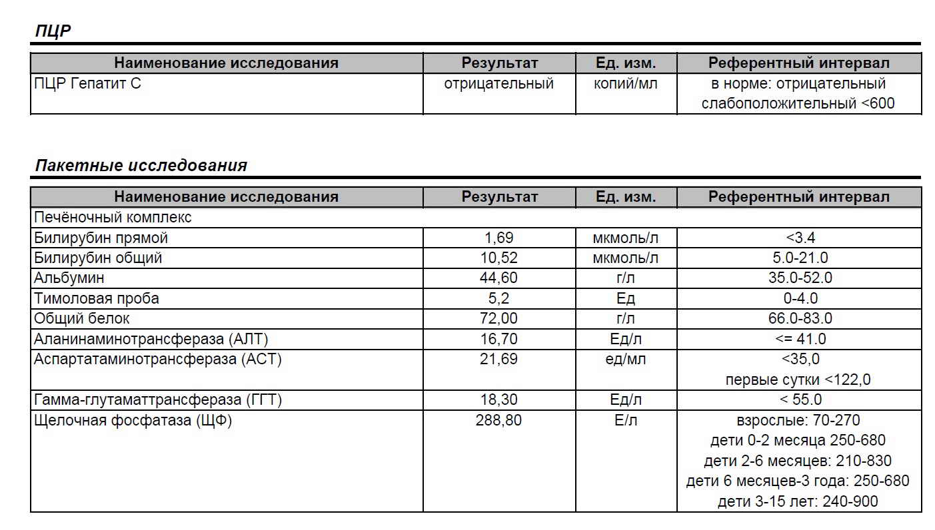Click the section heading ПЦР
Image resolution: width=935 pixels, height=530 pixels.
point(53,31)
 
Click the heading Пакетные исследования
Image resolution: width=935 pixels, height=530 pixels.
point(141,165)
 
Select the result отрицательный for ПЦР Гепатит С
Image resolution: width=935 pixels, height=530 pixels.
point(498,84)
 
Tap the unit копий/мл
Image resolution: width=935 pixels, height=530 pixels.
point(625,84)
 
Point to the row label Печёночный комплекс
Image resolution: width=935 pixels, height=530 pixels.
point(113,217)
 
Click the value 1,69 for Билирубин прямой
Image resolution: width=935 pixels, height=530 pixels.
point(498,238)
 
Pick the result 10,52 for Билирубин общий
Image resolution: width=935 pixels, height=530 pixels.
point(498,258)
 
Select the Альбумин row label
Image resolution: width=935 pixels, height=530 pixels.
point(69,278)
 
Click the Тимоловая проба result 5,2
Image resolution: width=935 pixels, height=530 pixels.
point(498,298)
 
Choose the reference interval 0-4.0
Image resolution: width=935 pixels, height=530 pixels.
point(798,298)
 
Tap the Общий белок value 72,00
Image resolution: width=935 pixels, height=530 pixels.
point(498,318)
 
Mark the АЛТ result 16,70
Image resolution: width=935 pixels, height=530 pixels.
point(498,339)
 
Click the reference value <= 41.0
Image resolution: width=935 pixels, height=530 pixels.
point(799,339)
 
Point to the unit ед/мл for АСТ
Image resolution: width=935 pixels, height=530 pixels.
point(625,360)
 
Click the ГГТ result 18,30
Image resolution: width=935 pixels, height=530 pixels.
point(498,400)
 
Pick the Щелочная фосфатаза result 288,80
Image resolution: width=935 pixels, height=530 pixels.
point(498,421)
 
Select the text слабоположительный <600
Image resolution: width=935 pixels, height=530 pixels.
point(798,104)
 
